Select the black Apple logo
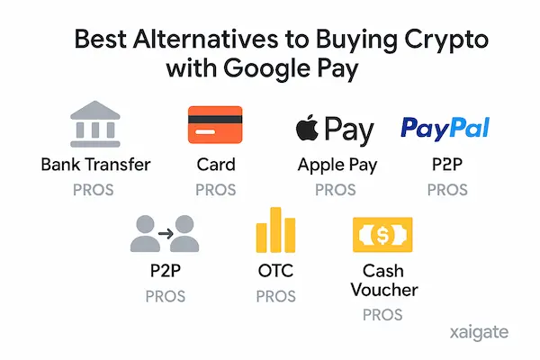tap(307, 129)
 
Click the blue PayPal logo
tap(445, 128)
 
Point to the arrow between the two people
tap(165, 232)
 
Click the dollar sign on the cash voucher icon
tap(382, 235)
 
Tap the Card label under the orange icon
tap(215, 165)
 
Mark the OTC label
tap(275, 271)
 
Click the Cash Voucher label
tap(382, 280)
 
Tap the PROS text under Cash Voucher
tap(382, 315)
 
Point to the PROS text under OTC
tap(275, 296)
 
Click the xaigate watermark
tap(478, 333)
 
